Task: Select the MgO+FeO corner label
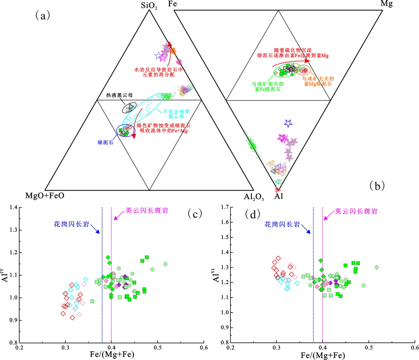point(45,196)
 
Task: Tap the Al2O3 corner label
point(254,197)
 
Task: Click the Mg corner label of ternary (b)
point(386,4)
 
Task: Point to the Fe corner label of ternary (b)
point(172,4)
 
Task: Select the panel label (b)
point(377,186)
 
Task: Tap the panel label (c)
point(195,213)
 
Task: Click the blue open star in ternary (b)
point(288,123)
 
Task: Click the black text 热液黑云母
point(120,95)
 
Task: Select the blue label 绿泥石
point(105,142)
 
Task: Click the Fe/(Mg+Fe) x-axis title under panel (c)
point(111,355)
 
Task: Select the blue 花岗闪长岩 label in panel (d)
point(282,224)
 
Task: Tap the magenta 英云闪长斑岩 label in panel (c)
point(147,210)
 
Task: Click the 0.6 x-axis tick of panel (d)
point(414,347)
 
